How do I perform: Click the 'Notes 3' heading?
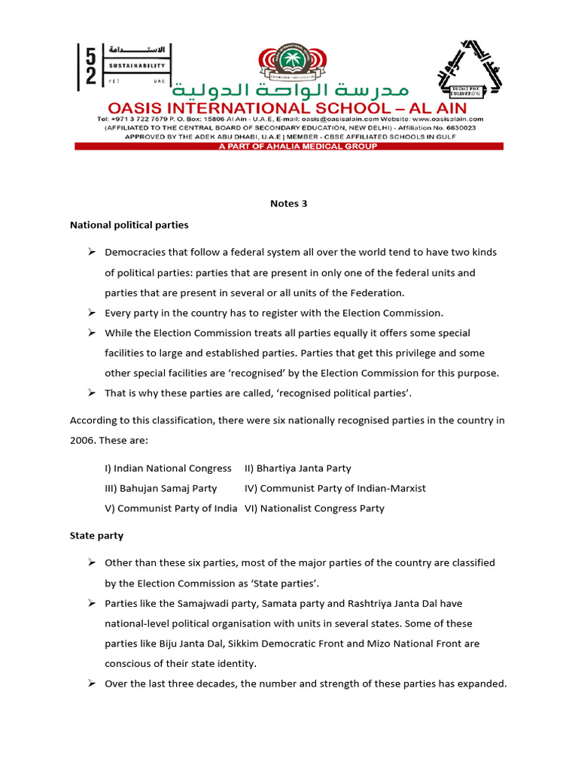coord(289,203)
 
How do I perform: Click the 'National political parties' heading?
coord(129,225)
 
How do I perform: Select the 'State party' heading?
coord(96,536)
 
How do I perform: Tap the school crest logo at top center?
coord(288,65)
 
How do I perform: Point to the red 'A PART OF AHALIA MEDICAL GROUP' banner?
coord(289,147)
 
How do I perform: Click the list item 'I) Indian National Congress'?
coord(168,468)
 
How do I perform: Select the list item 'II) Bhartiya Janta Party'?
coord(298,468)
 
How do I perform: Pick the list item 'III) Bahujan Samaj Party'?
coord(160,489)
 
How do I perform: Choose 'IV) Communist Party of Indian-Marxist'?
coord(335,489)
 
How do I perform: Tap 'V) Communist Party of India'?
coord(171,509)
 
